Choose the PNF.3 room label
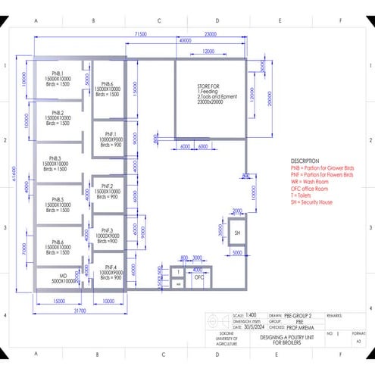click(107, 230)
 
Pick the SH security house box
click(236, 233)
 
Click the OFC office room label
click(200, 277)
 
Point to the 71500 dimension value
click(141, 34)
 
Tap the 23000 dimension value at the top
click(211, 34)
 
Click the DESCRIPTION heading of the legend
click(305, 161)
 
